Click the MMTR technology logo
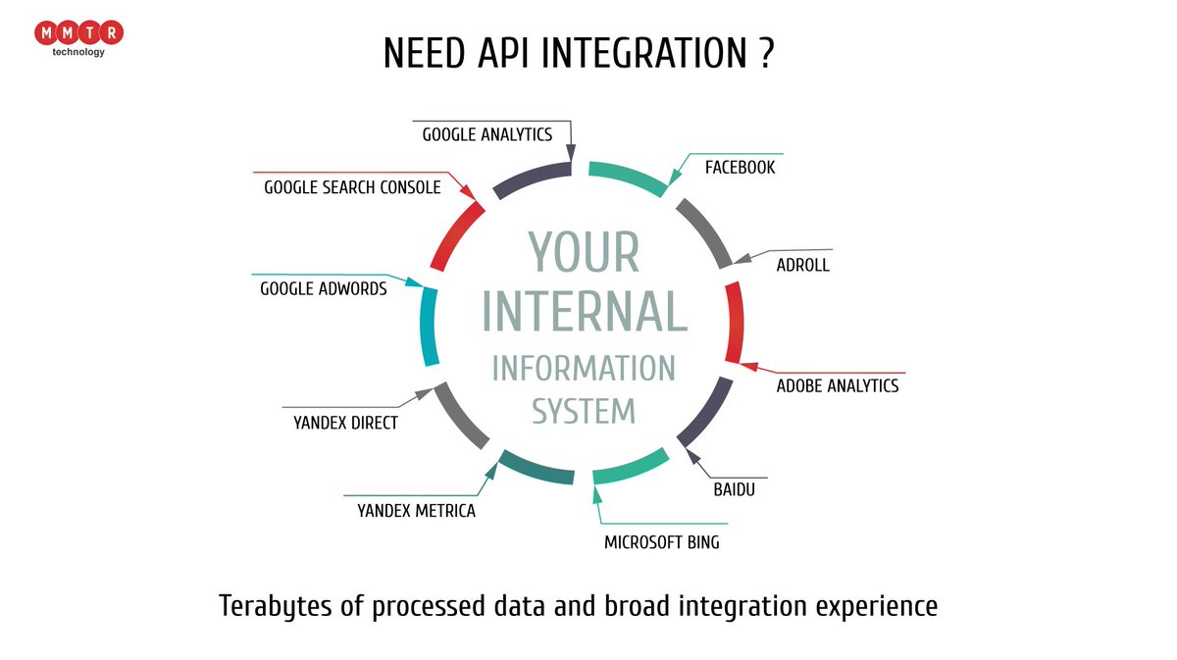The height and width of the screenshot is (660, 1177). point(78,37)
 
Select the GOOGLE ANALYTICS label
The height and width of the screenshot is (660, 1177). point(487,134)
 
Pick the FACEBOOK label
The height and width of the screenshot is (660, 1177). point(740,168)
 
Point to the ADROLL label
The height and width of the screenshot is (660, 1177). point(802,265)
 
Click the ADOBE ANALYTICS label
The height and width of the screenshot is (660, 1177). point(837,385)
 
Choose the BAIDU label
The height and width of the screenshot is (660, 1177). point(734,489)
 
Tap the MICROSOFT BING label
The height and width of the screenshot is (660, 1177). point(661,541)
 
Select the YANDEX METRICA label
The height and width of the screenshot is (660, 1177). point(416,511)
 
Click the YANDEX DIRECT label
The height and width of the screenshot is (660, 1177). point(345,424)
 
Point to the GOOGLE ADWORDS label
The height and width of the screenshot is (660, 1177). point(324,289)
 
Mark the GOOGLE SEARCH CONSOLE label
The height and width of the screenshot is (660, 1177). point(352,186)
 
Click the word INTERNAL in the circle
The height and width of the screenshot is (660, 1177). point(584,311)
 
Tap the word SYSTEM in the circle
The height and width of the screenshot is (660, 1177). point(584,410)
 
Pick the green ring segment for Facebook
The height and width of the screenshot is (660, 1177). point(628,176)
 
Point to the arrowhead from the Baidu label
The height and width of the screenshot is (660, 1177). point(691,455)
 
